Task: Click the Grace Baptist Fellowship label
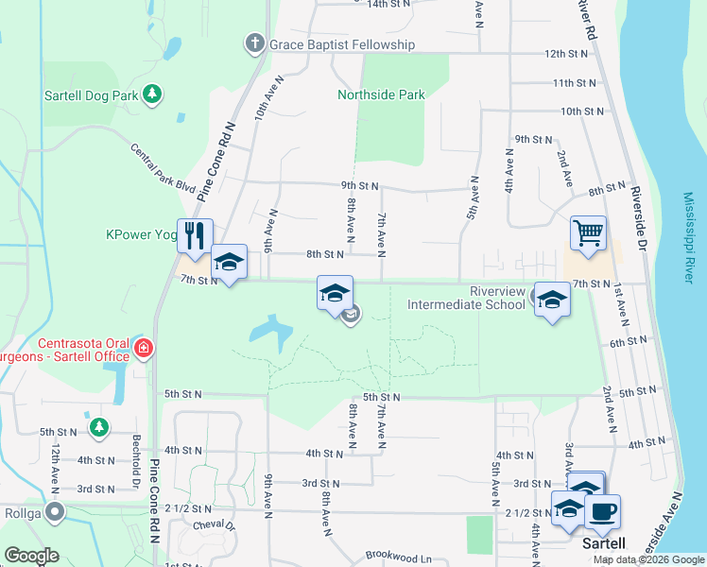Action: (x=341, y=44)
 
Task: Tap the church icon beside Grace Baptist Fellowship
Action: (x=254, y=43)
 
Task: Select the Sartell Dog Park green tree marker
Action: (x=151, y=94)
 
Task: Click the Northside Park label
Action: (x=381, y=94)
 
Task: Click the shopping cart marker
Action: (x=588, y=232)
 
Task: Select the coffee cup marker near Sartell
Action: (x=602, y=511)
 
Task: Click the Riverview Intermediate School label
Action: (x=466, y=298)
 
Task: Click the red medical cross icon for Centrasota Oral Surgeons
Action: (x=142, y=349)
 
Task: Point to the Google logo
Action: (x=32, y=556)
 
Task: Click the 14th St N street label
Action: (x=388, y=4)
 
